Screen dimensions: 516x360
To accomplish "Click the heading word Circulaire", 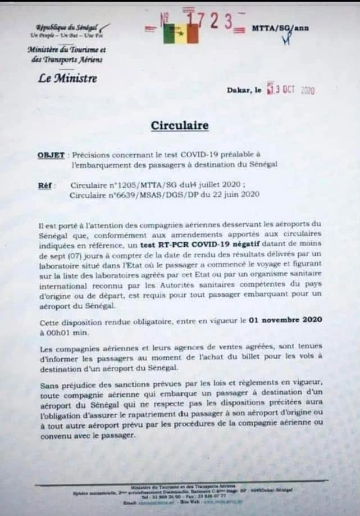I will click(180, 125).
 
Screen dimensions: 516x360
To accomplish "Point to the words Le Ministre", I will click(67, 78).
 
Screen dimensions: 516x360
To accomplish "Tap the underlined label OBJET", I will click(51, 155).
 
